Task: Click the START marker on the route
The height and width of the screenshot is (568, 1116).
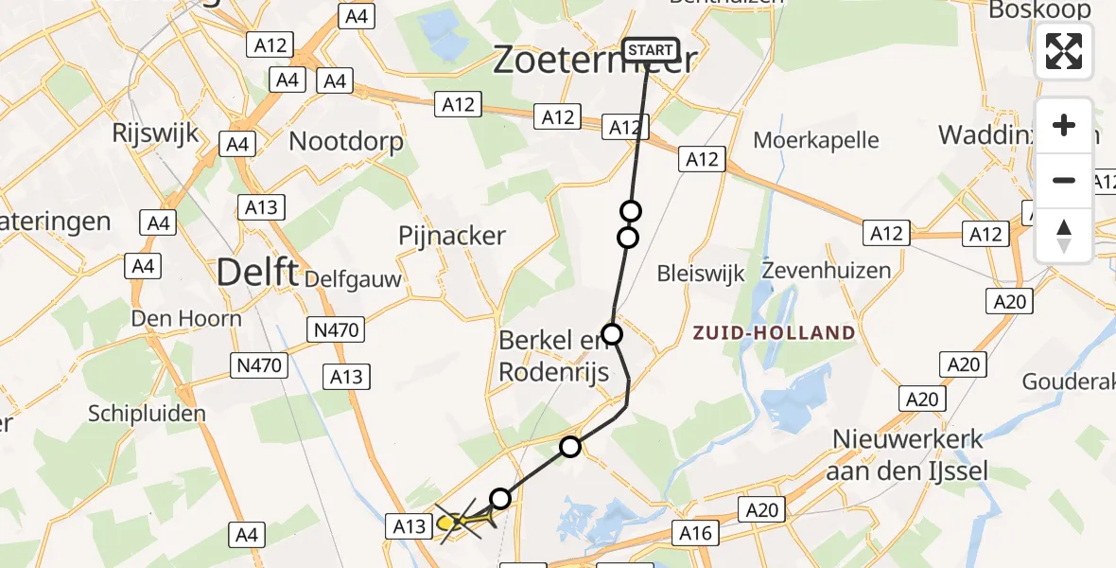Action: coord(651,49)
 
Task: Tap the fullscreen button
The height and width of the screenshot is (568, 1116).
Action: coord(1064,51)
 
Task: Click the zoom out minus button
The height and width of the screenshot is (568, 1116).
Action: coord(1064,180)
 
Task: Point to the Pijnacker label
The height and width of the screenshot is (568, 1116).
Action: coord(452,236)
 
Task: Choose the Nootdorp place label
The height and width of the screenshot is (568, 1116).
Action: coord(346,142)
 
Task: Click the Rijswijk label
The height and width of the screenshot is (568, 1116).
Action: coord(154,132)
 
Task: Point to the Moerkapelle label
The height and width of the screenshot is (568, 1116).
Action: coord(816,141)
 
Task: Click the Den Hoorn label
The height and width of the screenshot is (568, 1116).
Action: coord(186,318)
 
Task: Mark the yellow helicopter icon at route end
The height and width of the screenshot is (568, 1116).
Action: coord(456,521)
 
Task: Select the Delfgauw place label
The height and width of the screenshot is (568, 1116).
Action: coord(353,279)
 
